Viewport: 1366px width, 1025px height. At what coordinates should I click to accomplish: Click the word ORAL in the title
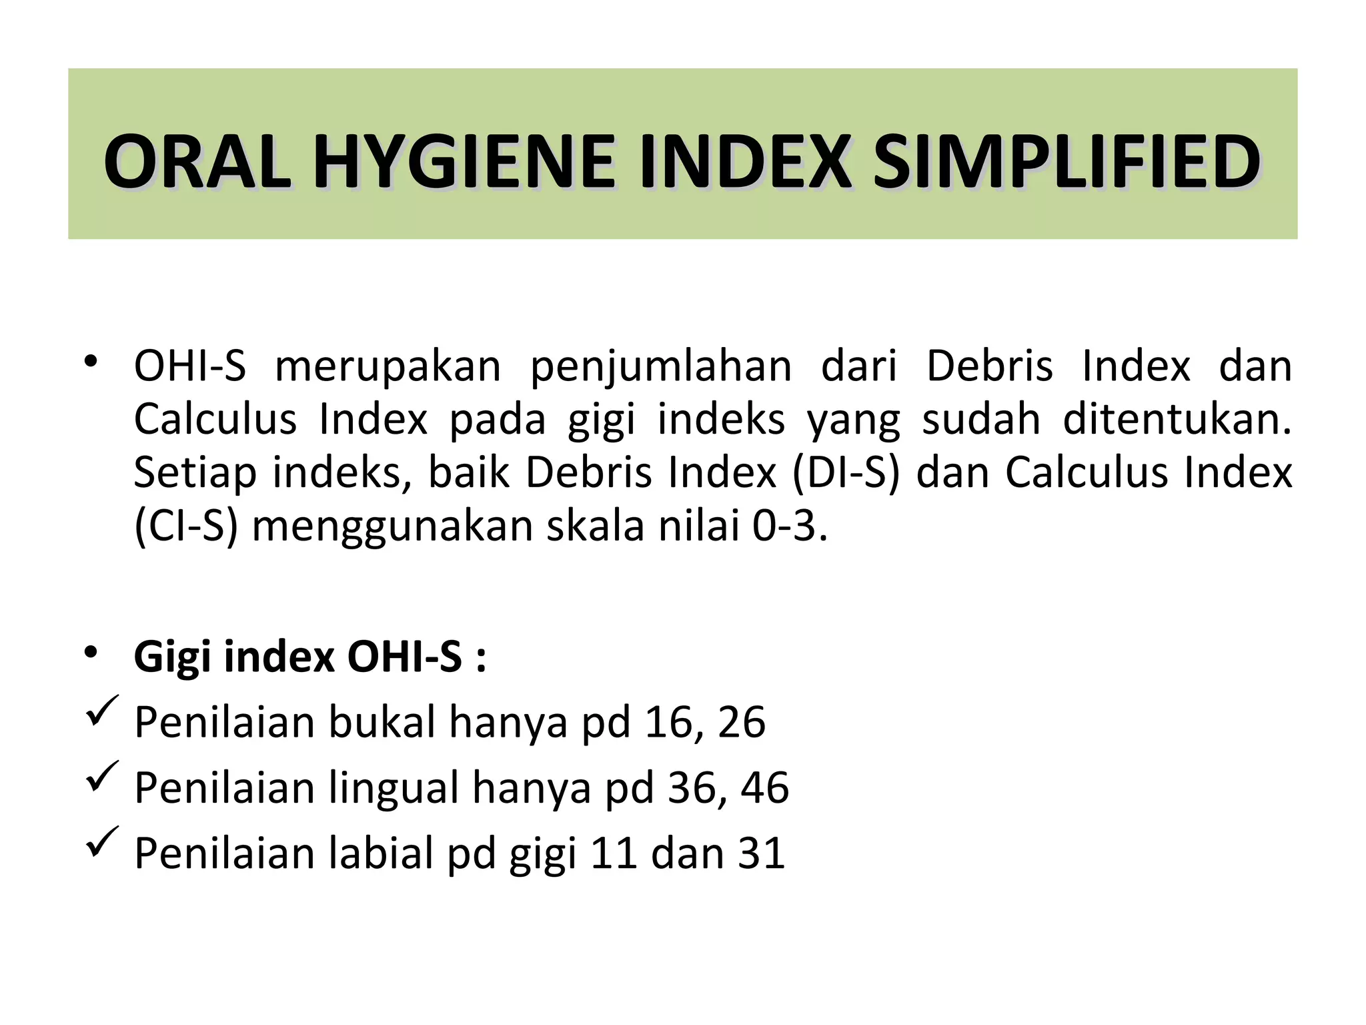coord(197,162)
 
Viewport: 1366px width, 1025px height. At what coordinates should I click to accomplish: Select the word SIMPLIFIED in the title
coord(1067,162)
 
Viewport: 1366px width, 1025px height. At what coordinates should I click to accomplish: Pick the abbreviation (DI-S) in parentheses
coord(846,473)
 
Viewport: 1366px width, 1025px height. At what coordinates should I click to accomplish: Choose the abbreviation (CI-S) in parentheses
coord(186,527)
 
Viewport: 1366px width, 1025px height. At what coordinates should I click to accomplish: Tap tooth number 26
coord(741,723)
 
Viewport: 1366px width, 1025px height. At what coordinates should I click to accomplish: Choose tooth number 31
coord(762,853)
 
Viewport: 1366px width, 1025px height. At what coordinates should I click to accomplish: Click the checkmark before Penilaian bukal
coord(102,711)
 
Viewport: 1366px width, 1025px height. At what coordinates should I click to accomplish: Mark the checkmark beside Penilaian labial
coord(102,842)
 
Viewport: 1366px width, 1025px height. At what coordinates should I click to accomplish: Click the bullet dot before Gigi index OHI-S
coord(91,651)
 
